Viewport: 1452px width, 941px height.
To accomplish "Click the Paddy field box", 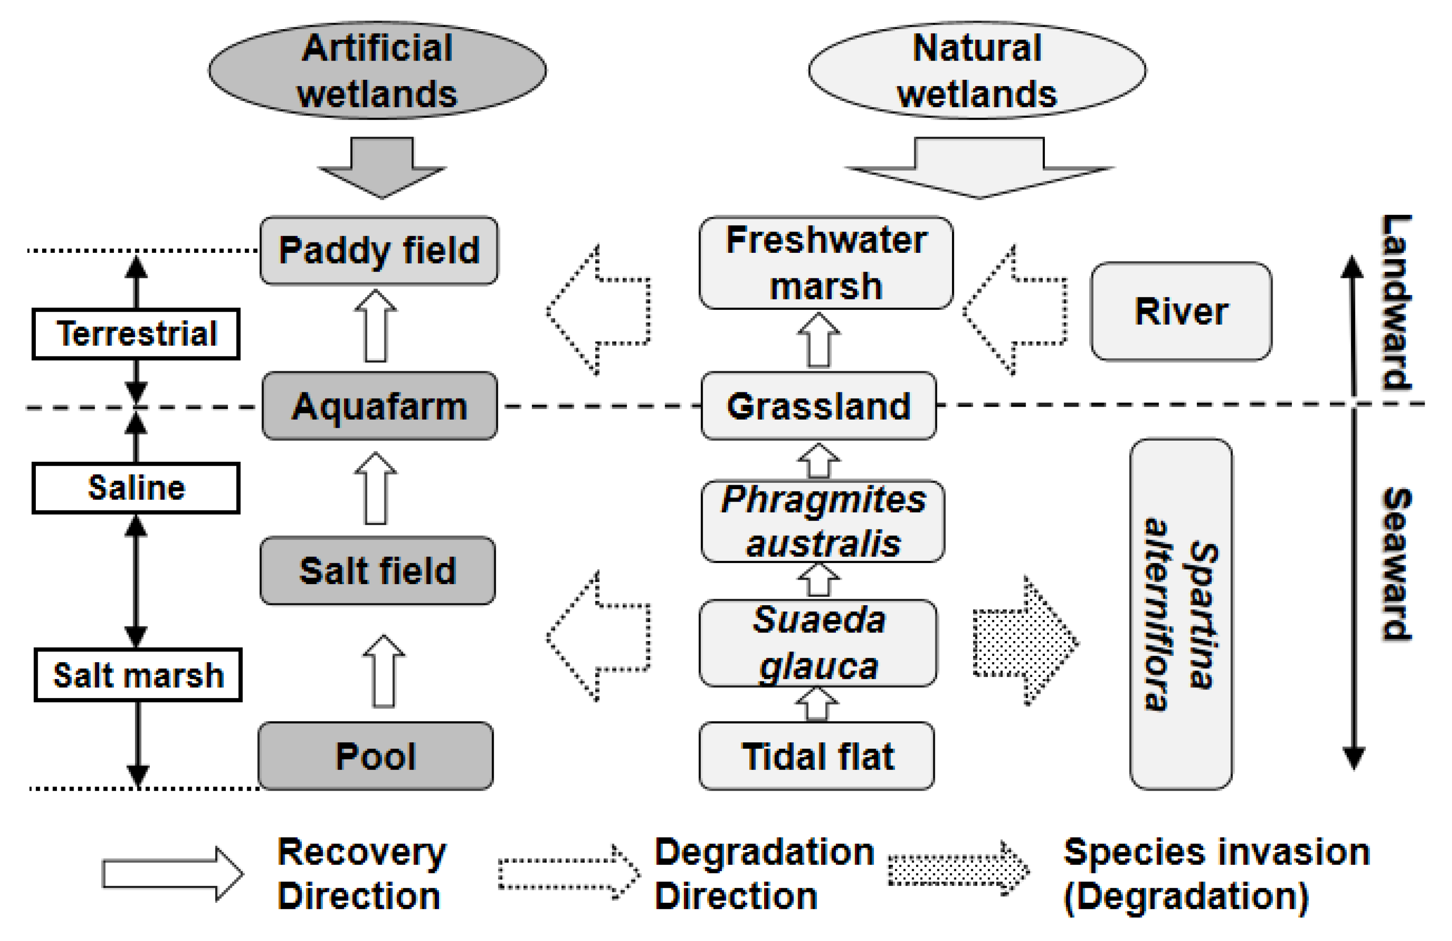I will (379, 251).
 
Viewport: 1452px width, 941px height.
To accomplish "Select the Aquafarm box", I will (379, 406).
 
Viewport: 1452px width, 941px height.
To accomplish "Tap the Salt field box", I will (378, 571).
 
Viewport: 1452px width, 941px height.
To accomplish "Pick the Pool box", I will (376, 756).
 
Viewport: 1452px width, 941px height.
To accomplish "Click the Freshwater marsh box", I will (826, 263).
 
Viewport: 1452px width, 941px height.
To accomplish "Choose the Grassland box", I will (819, 406).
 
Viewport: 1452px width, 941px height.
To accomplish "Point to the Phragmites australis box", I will (823, 521).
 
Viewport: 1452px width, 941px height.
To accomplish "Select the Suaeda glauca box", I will (818, 643).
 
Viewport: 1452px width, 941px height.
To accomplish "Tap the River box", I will (1181, 312).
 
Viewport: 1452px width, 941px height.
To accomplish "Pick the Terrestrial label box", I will (136, 334).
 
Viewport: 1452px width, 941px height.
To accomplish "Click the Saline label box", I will (136, 488).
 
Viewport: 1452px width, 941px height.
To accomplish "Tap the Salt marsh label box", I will (138, 675).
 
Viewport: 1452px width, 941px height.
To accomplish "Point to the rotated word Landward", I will (1396, 302).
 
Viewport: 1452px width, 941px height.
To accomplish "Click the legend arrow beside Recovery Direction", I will (173, 874).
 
